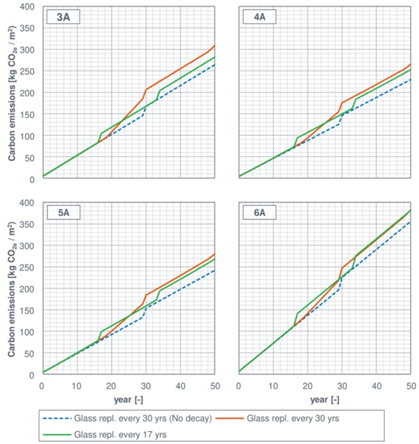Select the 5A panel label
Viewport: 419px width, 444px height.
(61, 214)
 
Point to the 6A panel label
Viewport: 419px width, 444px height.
(253, 214)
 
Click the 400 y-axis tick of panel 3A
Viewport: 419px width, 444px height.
(27, 7)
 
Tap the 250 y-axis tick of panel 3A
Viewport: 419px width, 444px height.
(27, 72)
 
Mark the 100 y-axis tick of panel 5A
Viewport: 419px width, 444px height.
(27, 332)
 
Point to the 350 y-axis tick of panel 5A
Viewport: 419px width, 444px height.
(27, 224)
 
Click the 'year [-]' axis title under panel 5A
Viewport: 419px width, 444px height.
(128, 399)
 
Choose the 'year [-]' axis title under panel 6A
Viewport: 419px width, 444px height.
(325, 399)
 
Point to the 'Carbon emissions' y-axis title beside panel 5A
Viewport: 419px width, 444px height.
(12, 289)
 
